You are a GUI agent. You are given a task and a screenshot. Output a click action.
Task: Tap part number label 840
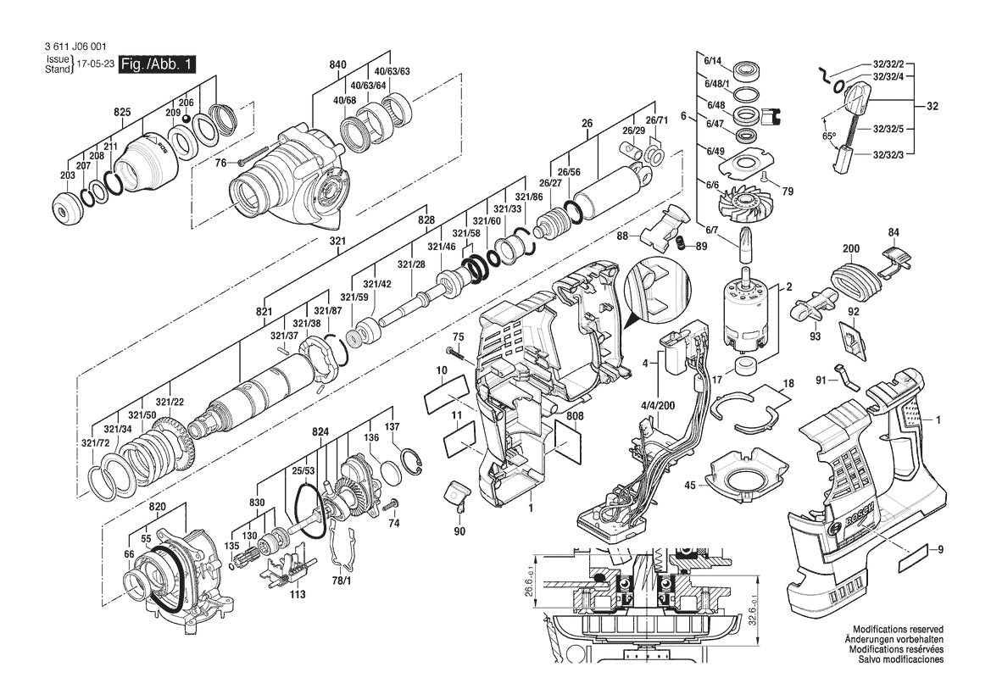338,65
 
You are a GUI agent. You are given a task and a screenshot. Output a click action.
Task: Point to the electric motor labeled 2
745,314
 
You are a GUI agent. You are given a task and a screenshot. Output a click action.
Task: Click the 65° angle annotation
828,136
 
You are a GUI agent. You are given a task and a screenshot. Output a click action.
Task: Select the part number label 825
122,112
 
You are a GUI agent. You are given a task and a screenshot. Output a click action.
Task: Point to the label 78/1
341,581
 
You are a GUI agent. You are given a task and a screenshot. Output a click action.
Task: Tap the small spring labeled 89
678,245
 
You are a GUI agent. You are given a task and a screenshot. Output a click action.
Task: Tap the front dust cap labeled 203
69,208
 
